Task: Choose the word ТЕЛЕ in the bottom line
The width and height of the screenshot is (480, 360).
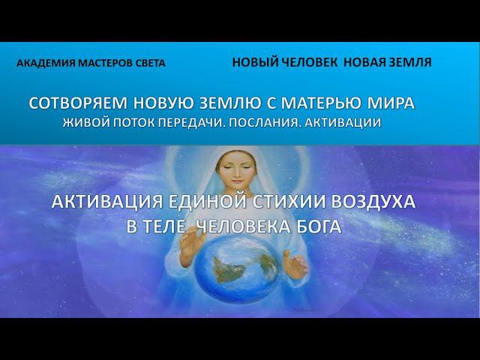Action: point(166,225)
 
